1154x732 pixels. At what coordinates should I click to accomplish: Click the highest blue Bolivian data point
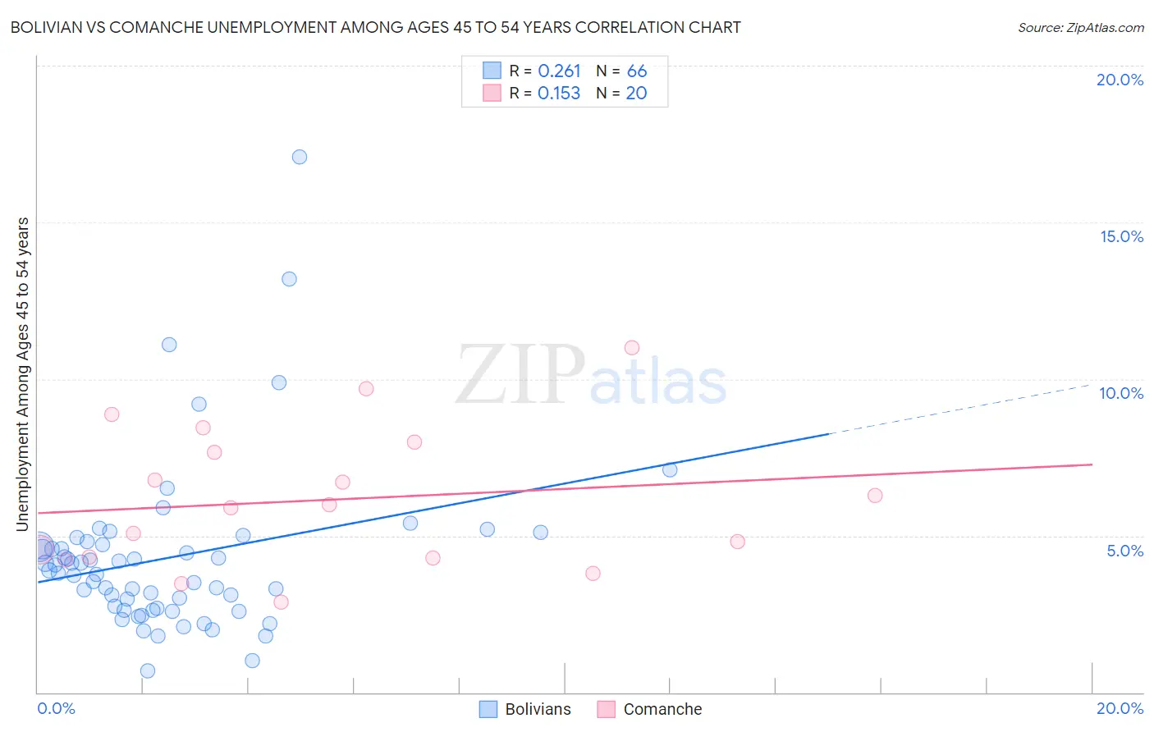pos(300,157)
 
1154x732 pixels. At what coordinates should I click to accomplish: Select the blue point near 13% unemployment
pos(289,279)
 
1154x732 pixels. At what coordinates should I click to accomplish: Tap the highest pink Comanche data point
pos(632,348)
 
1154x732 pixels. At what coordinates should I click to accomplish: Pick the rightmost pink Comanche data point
pos(875,496)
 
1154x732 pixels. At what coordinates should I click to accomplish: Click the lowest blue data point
pos(148,671)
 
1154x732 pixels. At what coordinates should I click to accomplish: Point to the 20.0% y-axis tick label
pos(1120,80)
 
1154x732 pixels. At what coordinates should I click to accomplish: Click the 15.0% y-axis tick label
pos(1121,236)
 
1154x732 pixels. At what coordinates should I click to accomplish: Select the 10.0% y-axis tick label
pos(1121,393)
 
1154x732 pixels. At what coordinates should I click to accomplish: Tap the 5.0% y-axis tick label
pos(1124,551)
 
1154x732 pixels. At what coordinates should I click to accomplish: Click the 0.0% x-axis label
pos(56,708)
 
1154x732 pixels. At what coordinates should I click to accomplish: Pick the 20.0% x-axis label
pos(1120,708)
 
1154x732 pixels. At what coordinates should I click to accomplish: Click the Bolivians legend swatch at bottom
pos(488,709)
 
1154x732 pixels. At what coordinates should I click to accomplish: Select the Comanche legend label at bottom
pos(662,709)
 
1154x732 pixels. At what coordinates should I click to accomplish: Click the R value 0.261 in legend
pos(559,71)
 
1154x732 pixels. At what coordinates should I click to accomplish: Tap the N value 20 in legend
pos(636,94)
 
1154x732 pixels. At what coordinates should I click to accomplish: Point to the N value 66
pos(637,71)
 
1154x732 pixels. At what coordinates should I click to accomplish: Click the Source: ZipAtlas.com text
pos(1080,28)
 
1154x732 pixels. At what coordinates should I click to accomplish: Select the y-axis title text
pos(23,373)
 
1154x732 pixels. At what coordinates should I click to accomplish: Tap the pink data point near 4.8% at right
pos(737,542)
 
